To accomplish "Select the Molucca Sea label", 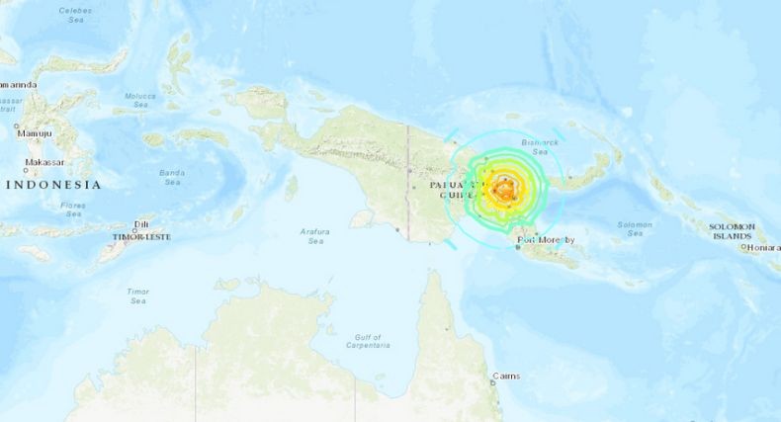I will pyautogui.click(x=140, y=100).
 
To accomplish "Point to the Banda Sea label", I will pyautogui.click(x=171, y=177).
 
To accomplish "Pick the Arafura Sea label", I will pyautogui.click(x=313, y=235).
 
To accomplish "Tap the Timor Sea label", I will pyautogui.click(x=137, y=295).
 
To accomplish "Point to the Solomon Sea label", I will pyautogui.click(x=635, y=229).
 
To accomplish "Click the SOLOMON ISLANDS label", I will pyautogui.click(x=732, y=231).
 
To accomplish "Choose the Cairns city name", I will pyautogui.click(x=507, y=377).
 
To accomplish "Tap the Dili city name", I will pyautogui.click(x=141, y=224).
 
